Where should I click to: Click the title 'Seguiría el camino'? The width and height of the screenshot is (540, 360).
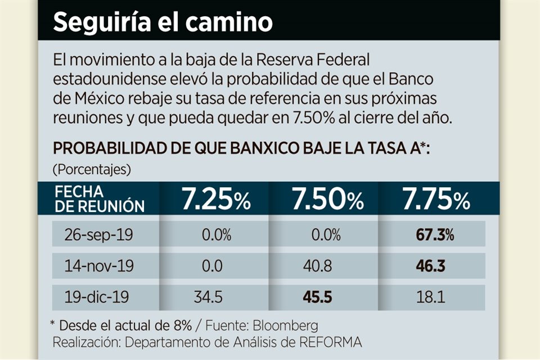pos(163,22)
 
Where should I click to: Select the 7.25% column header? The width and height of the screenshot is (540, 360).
pos(215,200)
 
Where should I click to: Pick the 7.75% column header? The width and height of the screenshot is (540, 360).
pos(435,200)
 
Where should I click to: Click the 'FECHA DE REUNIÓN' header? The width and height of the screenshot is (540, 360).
pos(100,200)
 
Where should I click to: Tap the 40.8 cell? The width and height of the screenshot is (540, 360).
pos(325,266)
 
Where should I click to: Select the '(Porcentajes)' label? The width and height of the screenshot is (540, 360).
pos(92,168)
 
